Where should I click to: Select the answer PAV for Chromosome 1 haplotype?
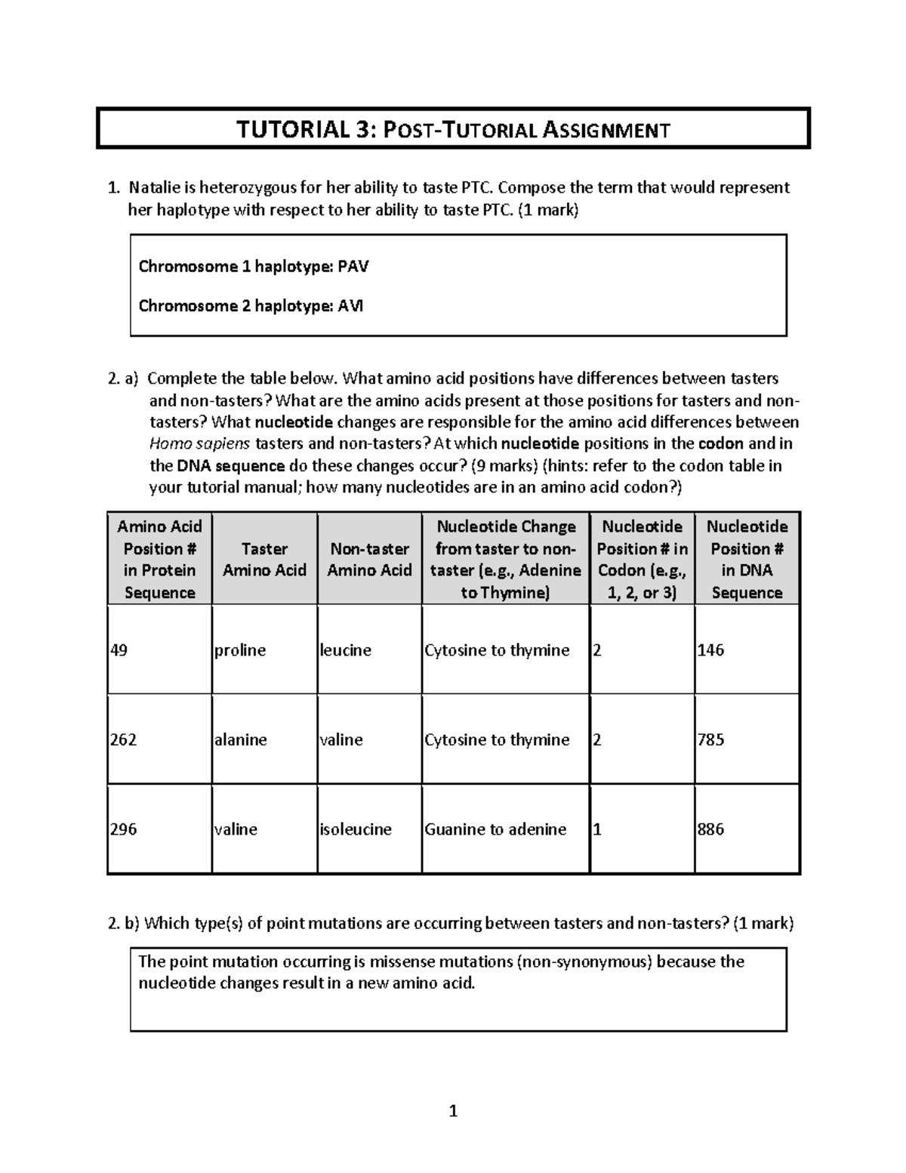(x=353, y=266)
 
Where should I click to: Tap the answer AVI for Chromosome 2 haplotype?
(x=350, y=306)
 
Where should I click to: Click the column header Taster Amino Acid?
(x=264, y=559)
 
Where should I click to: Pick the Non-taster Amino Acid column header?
(x=369, y=559)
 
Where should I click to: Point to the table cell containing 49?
(x=119, y=650)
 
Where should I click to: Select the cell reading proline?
(x=240, y=650)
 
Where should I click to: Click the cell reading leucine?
(x=346, y=650)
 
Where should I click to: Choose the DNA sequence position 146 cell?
(x=711, y=650)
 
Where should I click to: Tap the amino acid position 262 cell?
(x=124, y=739)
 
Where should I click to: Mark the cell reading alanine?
(x=241, y=739)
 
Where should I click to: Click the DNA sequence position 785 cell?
(x=711, y=739)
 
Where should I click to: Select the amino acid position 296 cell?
(x=124, y=829)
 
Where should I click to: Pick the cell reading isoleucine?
(x=356, y=829)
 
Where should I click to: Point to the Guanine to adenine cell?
(x=495, y=829)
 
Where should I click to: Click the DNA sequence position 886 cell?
(x=711, y=829)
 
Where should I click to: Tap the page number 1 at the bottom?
(x=453, y=1111)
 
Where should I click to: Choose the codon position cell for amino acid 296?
(x=598, y=829)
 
